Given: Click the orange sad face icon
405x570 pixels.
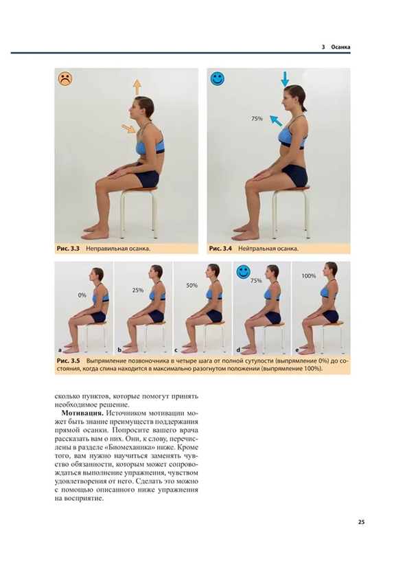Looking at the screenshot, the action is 65,79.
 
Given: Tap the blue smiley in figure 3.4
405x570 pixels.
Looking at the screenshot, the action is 217,78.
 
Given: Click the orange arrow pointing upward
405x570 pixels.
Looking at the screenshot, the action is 137,87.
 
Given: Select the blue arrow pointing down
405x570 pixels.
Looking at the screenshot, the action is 285,79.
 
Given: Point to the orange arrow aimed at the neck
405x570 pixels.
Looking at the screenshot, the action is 128,129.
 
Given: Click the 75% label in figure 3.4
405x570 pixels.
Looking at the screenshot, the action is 257,119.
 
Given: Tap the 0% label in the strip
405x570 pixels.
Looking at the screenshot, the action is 82,295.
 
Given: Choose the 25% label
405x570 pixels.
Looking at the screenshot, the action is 138,290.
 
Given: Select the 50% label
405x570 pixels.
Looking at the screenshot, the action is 192,286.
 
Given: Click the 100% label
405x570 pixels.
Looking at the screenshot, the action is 308,276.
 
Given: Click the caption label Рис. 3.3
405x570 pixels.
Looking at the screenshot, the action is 68,249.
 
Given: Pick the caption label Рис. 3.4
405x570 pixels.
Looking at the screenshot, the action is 220,249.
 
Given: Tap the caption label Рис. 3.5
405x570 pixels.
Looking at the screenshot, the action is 68,361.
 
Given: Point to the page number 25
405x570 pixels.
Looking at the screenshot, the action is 361,523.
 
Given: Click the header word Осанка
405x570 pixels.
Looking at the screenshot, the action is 340,47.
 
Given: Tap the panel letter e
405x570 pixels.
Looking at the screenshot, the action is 297,350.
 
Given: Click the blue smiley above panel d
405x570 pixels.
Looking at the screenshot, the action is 244,271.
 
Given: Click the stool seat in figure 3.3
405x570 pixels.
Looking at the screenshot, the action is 139,190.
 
